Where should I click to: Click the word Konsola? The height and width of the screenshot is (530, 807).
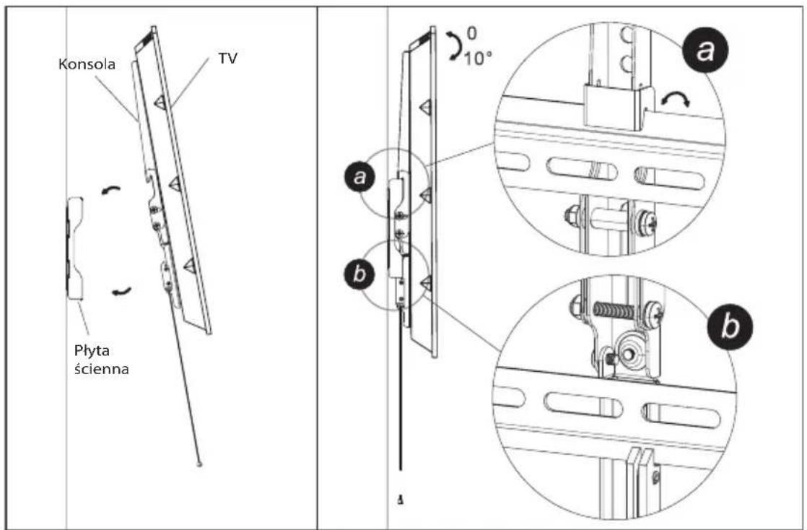[87, 64]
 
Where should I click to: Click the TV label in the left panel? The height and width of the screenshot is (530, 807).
[227, 58]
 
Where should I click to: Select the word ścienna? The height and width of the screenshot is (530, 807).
[101, 369]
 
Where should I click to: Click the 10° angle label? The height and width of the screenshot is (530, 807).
[478, 58]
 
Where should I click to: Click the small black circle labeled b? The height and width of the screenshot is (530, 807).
[359, 274]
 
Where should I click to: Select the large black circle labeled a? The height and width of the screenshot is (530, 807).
[705, 52]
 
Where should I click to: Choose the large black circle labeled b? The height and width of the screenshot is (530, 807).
[729, 327]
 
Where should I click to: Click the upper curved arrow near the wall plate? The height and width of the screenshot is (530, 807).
[110, 190]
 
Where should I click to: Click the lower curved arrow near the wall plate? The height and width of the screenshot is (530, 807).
[121, 292]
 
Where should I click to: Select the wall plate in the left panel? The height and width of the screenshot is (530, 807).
[74, 248]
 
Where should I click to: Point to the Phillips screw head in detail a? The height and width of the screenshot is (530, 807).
[647, 223]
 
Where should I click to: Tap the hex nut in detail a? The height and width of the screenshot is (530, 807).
[571, 214]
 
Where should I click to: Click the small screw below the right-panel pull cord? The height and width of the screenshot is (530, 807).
[401, 500]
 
